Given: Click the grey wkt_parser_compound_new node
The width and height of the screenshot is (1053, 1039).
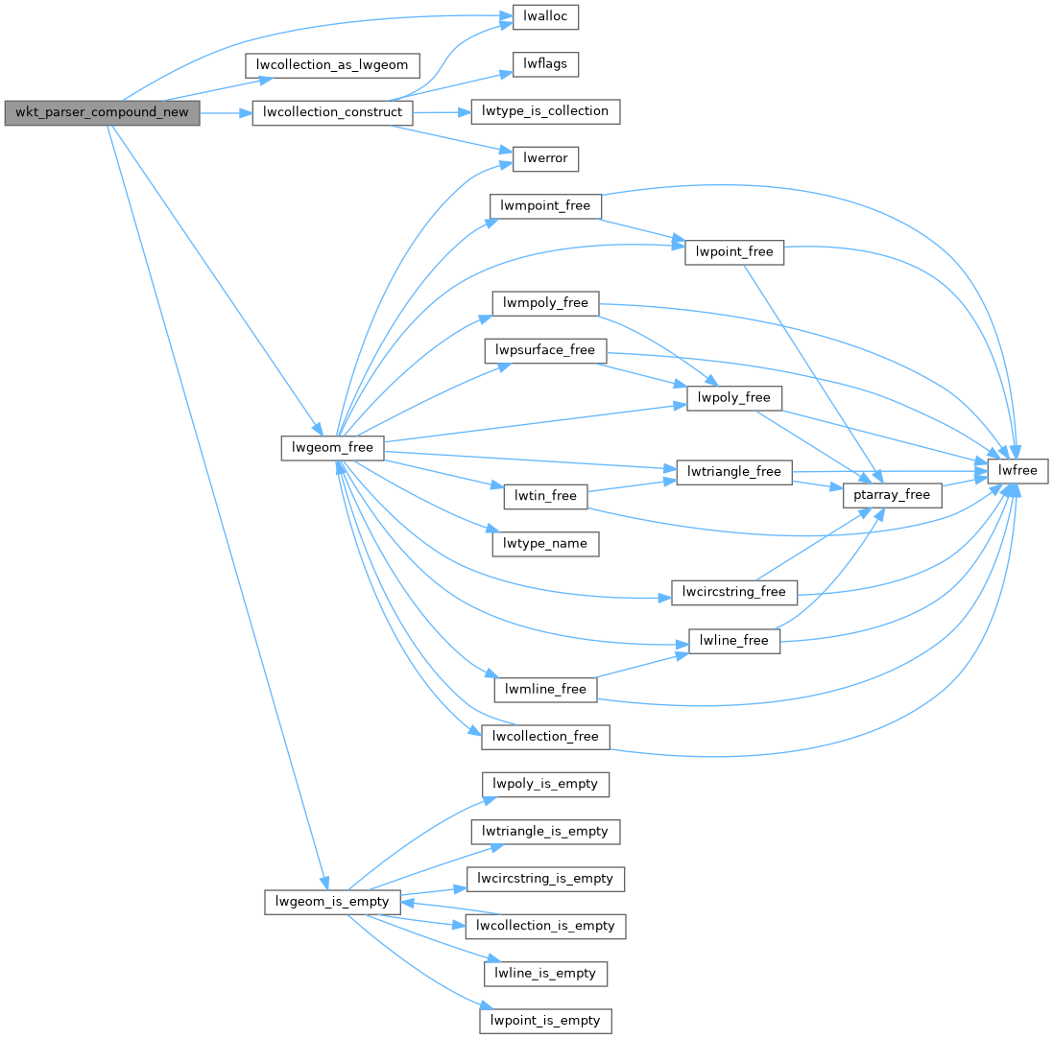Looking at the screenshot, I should [x=102, y=113].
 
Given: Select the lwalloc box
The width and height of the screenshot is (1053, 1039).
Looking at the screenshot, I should [x=545, y=17].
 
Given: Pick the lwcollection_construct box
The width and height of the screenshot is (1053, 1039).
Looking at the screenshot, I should [x=332, y=113].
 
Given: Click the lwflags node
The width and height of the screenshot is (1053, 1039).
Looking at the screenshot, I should [x=545, y=64].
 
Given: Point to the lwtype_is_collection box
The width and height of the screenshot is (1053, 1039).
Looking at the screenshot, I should [x=545, y=111].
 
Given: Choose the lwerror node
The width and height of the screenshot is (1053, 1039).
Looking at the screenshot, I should [x=545, y=158].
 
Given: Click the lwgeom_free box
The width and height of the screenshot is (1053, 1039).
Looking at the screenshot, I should [x=332, y=447].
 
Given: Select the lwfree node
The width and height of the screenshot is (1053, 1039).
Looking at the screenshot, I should [x=1017, y=471].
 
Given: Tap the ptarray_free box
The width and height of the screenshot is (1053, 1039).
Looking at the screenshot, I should [x=892, y=495].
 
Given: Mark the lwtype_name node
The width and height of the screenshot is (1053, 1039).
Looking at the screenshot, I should [x=545, y=544].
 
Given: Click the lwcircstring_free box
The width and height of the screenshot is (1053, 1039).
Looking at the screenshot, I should [x=733, y=592].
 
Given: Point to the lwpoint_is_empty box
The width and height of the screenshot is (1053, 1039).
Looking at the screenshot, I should [x=545, y=1020].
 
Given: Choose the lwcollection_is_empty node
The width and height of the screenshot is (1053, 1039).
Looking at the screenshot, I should [x=545, y=926].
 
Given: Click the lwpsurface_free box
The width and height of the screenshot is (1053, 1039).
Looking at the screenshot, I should [x=545, y=350].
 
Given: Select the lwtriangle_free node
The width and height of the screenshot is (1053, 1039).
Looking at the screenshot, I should [x=733, y=472].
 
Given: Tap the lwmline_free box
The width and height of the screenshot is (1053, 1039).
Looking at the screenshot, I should [x=545, y=689].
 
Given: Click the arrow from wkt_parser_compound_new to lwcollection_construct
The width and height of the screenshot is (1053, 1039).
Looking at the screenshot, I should [x=226, y=113].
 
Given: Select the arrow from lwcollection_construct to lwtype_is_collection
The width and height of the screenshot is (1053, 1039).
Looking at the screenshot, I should [x=442, y=112].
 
